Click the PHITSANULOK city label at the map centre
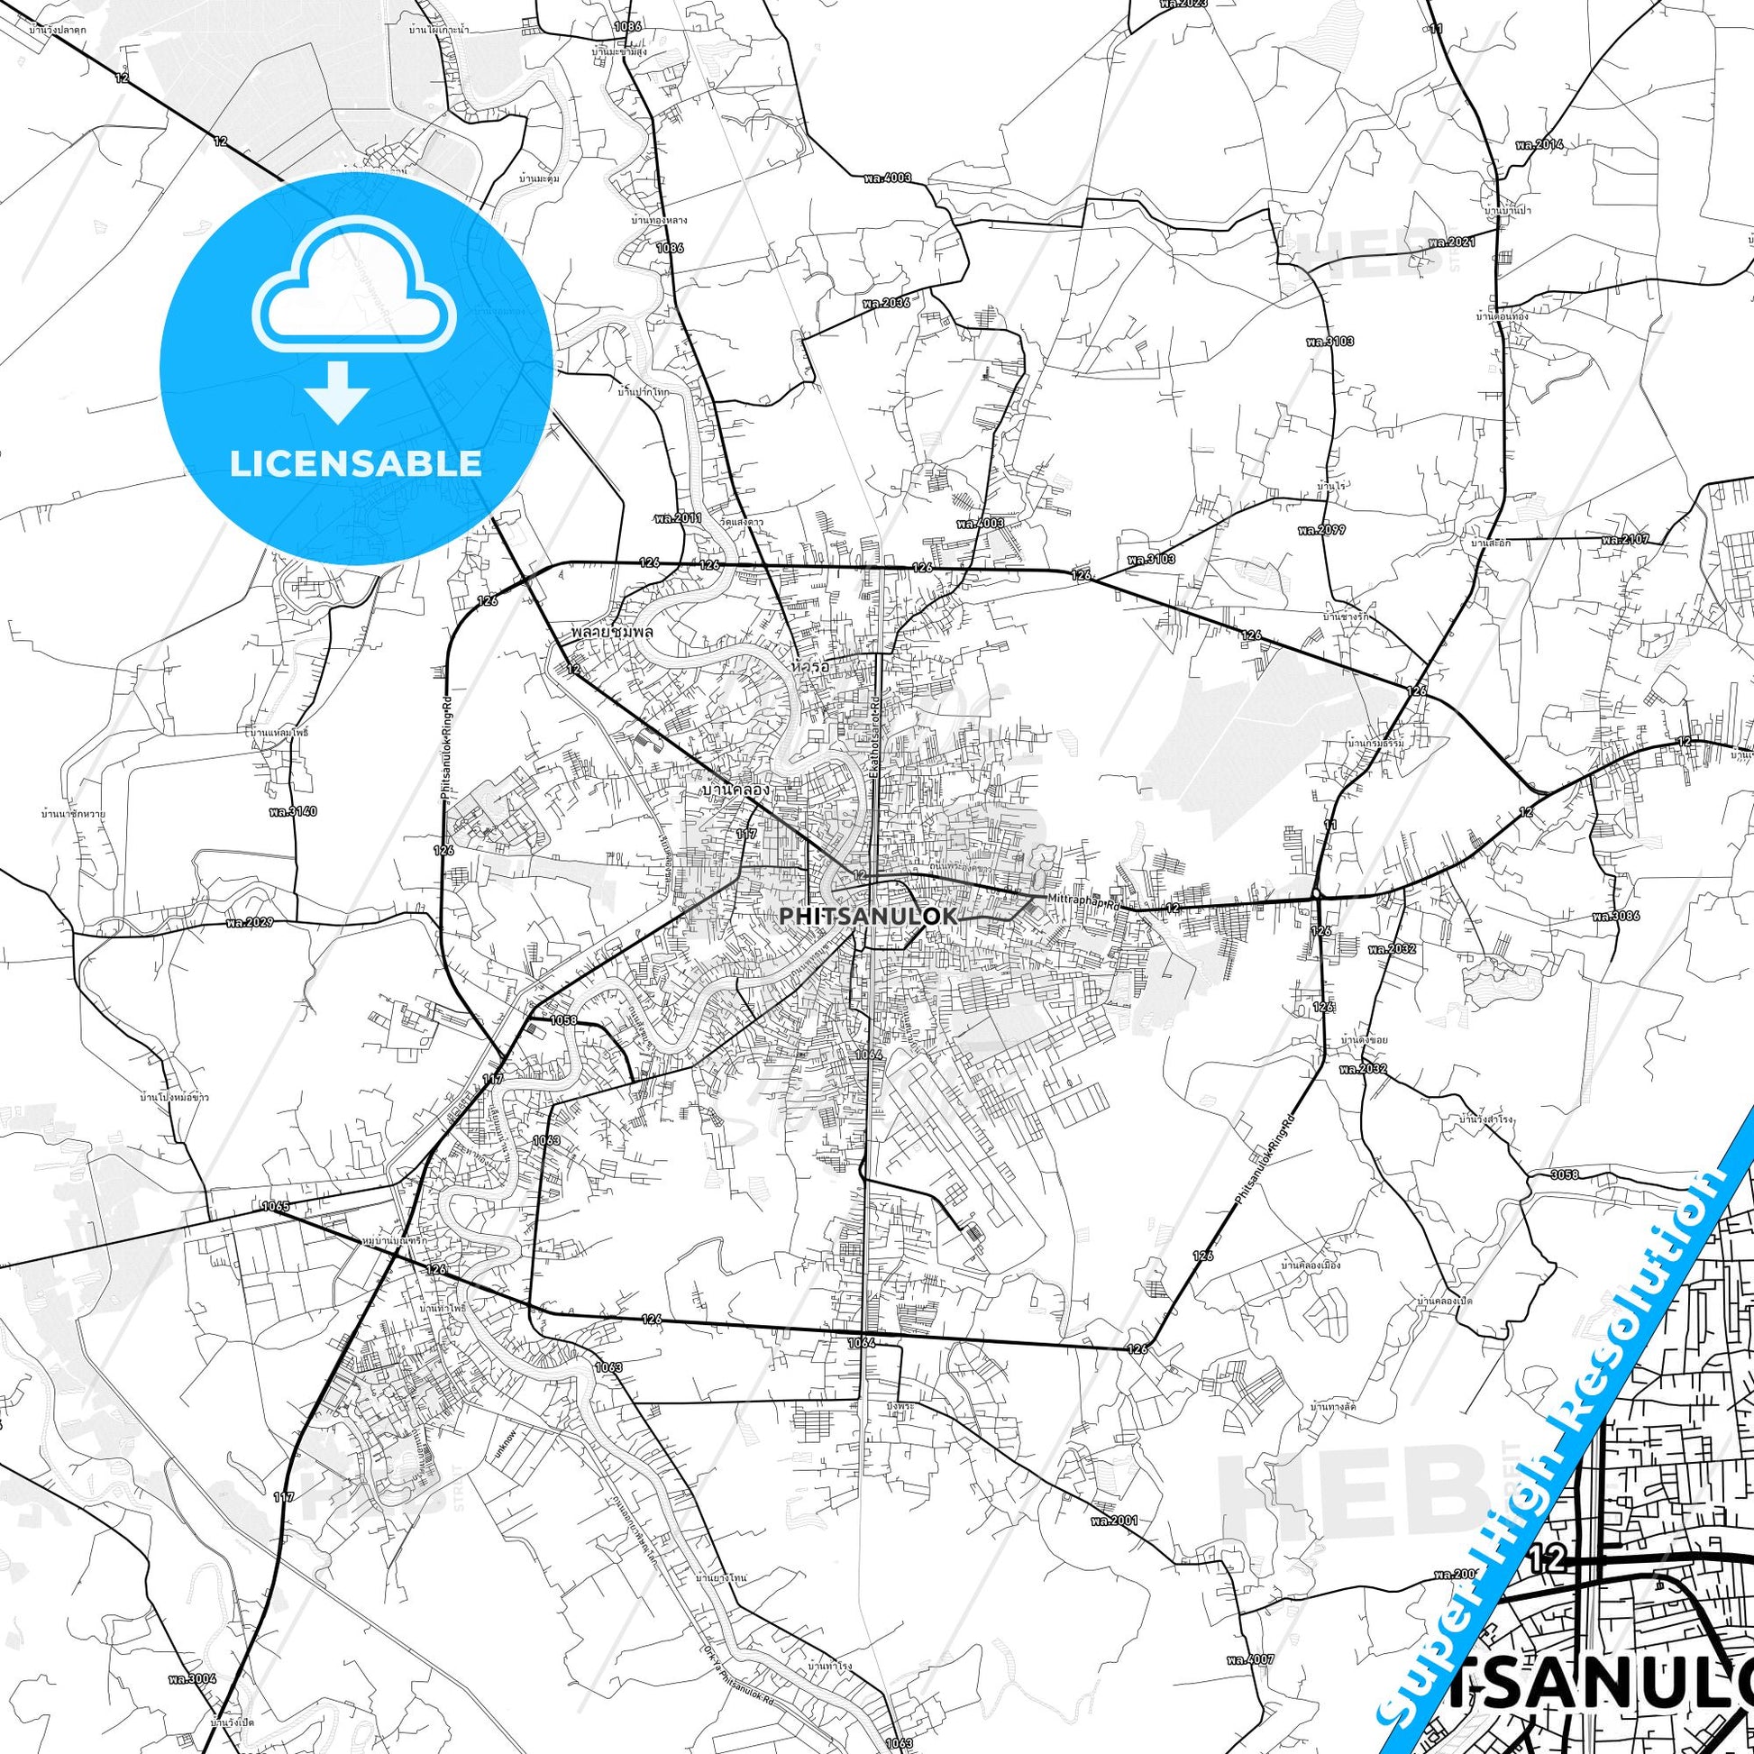[868, 917]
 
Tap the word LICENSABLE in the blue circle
[355, 463]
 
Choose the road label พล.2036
[885, 302]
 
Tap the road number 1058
[562, 1020]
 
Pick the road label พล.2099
[1322, 529]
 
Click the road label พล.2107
[1624, 539]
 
